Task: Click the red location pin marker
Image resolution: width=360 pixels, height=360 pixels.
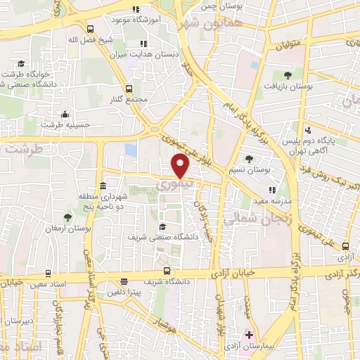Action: [x=181, y=166]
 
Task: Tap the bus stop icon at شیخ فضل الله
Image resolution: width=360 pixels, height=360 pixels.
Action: [x=89, y=29]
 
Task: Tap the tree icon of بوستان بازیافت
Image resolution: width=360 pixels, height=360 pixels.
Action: [x=287, y=75]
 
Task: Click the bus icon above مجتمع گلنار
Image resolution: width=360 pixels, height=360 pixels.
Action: [x=128, y=89]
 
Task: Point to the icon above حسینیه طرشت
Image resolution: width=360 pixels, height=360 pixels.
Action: [x=65, y=114]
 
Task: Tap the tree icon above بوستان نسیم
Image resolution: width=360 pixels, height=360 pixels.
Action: [x=250, y=159]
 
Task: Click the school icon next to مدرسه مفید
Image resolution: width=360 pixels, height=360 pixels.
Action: [x=273, y=189]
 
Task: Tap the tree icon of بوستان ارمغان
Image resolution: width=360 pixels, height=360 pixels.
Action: [x=67, y=217]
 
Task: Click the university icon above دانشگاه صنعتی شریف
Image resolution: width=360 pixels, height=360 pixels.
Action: [x=162, y=226]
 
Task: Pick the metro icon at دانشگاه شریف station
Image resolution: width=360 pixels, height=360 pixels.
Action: [x=167, y=271]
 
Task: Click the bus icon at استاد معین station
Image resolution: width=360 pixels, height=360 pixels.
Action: [x=47, y=273]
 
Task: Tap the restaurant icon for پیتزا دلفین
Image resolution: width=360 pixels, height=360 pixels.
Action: [x=124, y=281]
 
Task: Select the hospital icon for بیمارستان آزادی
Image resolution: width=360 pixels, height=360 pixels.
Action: [x=247, y=335]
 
